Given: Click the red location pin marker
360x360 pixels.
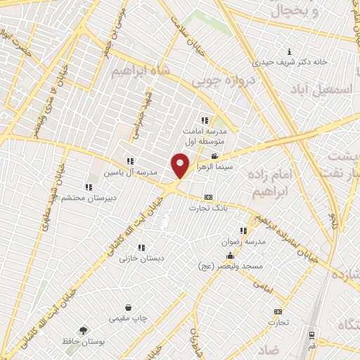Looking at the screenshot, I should click(181, 166).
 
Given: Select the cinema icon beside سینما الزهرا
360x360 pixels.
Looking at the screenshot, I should click(214, 157).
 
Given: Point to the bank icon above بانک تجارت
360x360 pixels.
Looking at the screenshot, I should click(208, 198).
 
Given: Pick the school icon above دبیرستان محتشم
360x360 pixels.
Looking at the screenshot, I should click(89, 188).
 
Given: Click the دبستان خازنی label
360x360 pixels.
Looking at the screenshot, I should click(141, 258).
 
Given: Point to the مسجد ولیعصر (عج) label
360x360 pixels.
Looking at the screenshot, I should click(250, 265).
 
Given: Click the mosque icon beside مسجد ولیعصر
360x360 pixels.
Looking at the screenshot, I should click(230, 255).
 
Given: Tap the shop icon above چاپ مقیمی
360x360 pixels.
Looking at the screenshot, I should click(129, 307).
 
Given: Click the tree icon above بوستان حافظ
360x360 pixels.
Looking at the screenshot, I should click(84, 330).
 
